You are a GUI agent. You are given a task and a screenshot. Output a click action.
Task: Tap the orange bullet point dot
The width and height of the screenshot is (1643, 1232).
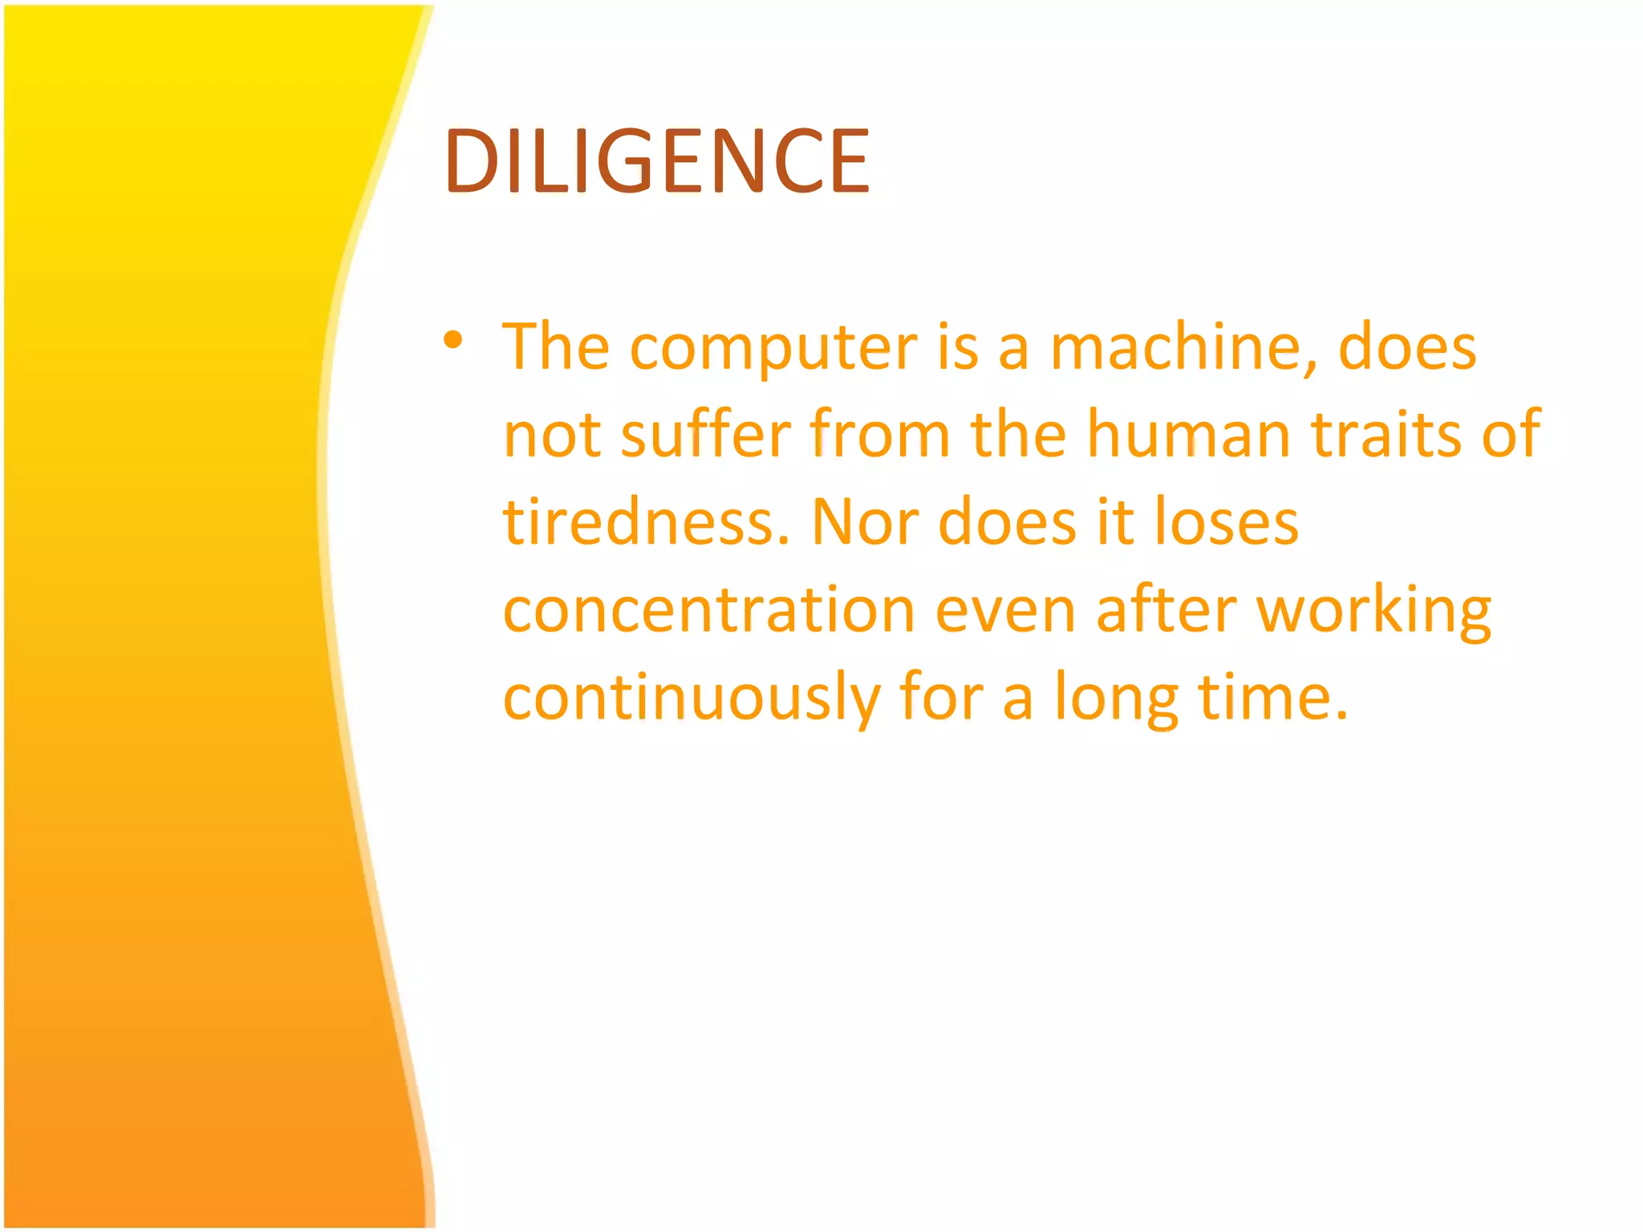coord(453,340)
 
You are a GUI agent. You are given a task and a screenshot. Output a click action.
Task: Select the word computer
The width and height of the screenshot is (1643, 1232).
coord(773,348)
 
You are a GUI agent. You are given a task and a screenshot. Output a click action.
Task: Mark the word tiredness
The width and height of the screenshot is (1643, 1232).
coord(647,521)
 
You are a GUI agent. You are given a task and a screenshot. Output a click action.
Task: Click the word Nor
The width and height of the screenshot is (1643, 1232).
coord(865,521)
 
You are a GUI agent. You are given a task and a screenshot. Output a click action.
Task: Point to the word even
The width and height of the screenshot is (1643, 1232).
coord(1005,610)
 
